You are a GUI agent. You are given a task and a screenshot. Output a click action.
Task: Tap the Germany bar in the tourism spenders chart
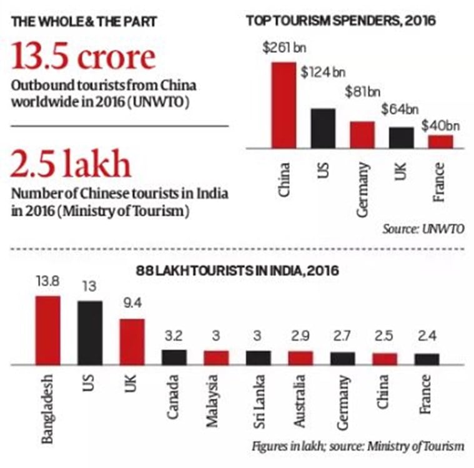click(362, 134)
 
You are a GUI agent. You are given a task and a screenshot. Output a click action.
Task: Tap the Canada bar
click(174, 356)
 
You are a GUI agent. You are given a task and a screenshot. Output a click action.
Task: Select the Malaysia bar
click(216, 357)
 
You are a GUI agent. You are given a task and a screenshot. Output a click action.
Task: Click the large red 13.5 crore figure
click(83, 57)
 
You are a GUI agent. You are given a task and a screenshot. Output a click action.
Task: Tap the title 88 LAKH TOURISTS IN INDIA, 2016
click(238, 271)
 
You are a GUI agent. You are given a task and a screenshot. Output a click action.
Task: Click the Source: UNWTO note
click(423, 229)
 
